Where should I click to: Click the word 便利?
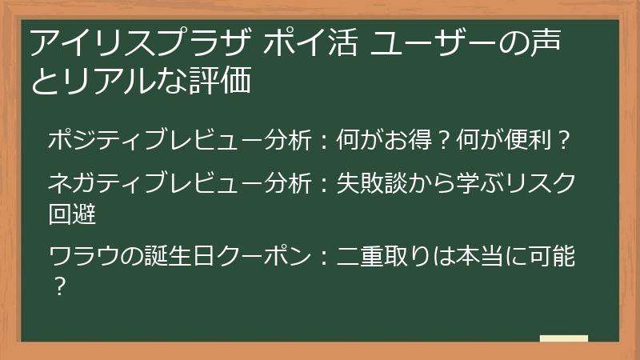533,141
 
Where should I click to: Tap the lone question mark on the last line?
57,284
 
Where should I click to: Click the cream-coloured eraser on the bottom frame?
563,339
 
